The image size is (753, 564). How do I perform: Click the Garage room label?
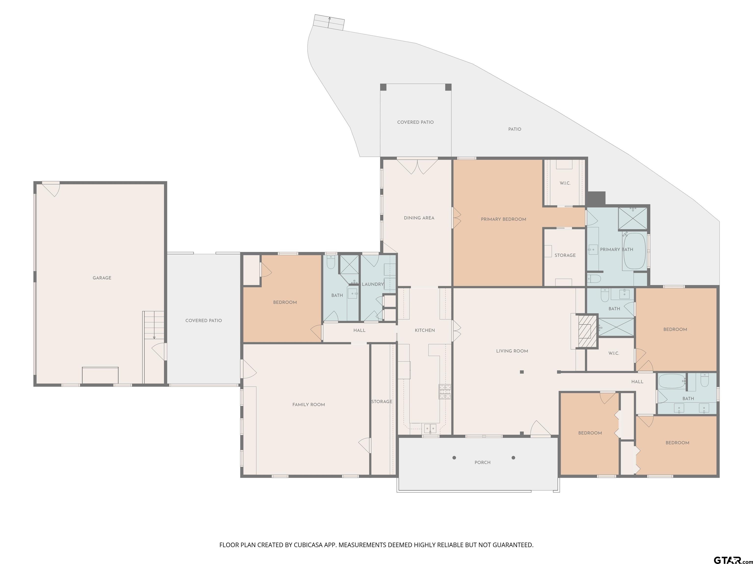(x=102, y=278)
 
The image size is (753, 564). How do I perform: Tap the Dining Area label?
(x=419, y=218)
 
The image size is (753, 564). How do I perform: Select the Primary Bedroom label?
(x=503, y=219)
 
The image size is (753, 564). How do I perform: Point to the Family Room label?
(x=308, y=405)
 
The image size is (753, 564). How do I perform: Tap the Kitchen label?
(x=425, y=330)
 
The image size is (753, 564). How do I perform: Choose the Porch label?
(x=482, y=463)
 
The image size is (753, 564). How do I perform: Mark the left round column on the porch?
(x=454, y=458)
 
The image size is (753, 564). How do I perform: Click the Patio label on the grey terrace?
(x=515, y=129)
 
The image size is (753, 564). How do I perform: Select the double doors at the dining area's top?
(x=417, y=166)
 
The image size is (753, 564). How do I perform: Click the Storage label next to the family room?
(x=382, y=401)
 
